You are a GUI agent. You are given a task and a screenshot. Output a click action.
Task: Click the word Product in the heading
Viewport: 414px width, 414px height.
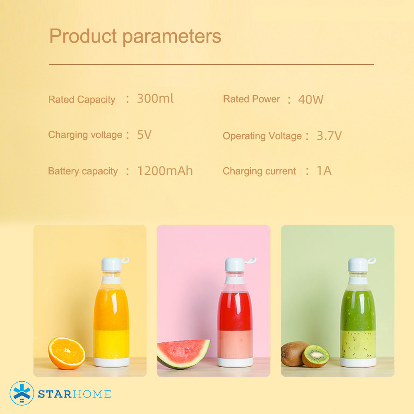pyautogui.click(x=83, y=36)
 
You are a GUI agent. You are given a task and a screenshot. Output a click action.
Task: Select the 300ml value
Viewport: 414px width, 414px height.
pyautogui.click(x=155, y=99)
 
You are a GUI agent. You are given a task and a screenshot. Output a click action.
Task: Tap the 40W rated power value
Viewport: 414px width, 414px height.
pyautogui.click(x=310, y=100)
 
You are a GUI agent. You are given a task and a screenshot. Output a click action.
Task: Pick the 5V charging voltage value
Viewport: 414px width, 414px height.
pyautogui.click(x=144, y=135)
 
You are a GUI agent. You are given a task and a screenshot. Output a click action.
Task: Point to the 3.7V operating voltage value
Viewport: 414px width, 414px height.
pyautogui.click(x=329, y=136)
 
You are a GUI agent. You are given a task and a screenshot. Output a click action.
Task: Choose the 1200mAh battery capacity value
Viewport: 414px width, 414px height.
pyautogui.click(x=165, y=171)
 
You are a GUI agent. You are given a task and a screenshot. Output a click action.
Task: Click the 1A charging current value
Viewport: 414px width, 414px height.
pyautogui.click(x=324, y=171)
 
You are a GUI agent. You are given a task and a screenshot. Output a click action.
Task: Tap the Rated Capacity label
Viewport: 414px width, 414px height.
pyautogui.click(x=82, y=99)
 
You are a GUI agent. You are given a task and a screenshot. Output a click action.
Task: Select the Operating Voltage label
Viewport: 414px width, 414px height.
pyautogui.click(x=262, y=136)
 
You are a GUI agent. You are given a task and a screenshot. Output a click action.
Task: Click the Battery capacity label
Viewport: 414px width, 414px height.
pyautogui.click(x=83, y=171)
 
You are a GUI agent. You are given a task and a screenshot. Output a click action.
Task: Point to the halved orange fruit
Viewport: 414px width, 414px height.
pyautogui.click(x=67, y=353)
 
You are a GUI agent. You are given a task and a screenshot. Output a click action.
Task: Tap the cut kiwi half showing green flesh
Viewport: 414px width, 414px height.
pyautogui.click(x=315, y=356)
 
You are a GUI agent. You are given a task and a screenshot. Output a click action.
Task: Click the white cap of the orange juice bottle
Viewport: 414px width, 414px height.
pyautogui.click(x=111, y=264)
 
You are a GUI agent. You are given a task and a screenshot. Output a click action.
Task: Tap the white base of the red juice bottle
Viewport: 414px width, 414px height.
pyautogui.click(x=235, y=362)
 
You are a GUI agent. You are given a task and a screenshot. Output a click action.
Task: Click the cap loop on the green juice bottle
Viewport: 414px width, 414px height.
pyautogui.click(x=372, y=261)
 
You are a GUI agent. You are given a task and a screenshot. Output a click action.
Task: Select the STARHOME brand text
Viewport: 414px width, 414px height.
pyautogui.click(x=75, y=394)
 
